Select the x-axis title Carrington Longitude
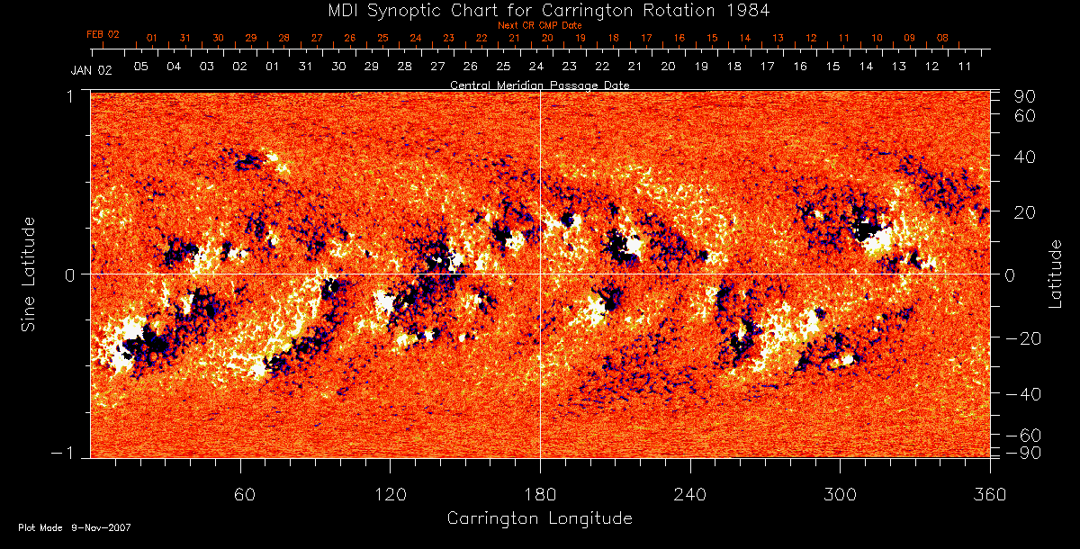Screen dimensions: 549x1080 (539, 518)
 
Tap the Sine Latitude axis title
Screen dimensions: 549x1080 (31, 274)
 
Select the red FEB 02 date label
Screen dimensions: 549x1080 (103, 34)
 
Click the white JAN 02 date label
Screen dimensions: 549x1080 (91, 69)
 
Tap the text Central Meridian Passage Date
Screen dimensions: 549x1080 (539, 85)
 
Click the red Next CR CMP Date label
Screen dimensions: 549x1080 (540, 25)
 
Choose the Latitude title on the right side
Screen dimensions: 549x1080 (1057, 274)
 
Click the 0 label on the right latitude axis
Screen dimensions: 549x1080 (1011, 274)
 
